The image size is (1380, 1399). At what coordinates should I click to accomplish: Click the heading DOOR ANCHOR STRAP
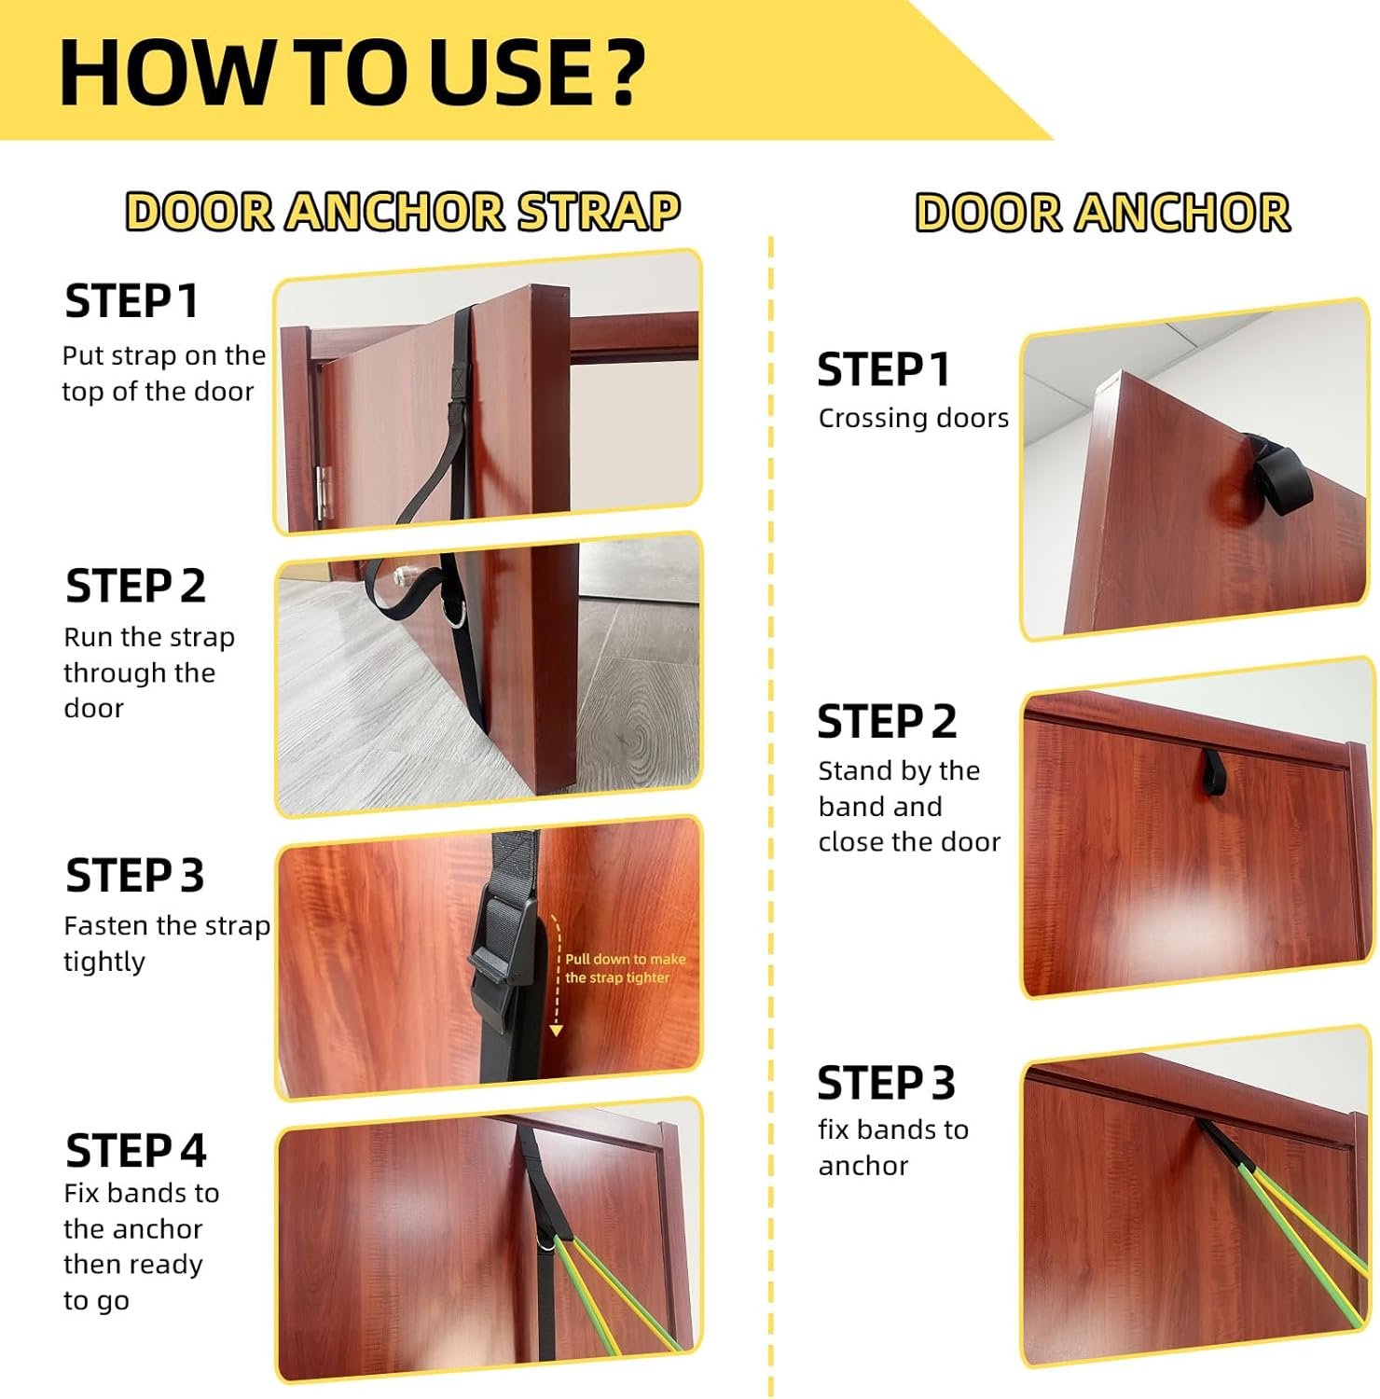pos(403,212)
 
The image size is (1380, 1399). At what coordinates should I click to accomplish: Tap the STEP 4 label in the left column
pos(135,1151)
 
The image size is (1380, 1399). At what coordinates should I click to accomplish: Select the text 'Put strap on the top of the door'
pos(164,373)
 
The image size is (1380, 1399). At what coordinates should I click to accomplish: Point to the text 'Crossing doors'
pos(914,418)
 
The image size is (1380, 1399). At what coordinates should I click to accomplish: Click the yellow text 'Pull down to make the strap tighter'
pos(625,968)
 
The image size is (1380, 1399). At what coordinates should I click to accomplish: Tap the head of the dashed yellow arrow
pos(556,1030)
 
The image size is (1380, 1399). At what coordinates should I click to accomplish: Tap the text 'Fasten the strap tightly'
pos(167,943)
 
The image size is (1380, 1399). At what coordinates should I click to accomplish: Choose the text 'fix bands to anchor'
pos(893,1147)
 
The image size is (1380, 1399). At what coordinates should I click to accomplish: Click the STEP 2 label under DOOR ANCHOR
pos(887,722)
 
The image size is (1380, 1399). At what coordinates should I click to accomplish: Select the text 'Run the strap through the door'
pos(149,672)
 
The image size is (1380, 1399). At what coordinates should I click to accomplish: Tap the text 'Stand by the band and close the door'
pos(909,806)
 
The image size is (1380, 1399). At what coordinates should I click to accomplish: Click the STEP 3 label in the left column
pos(134,876)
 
